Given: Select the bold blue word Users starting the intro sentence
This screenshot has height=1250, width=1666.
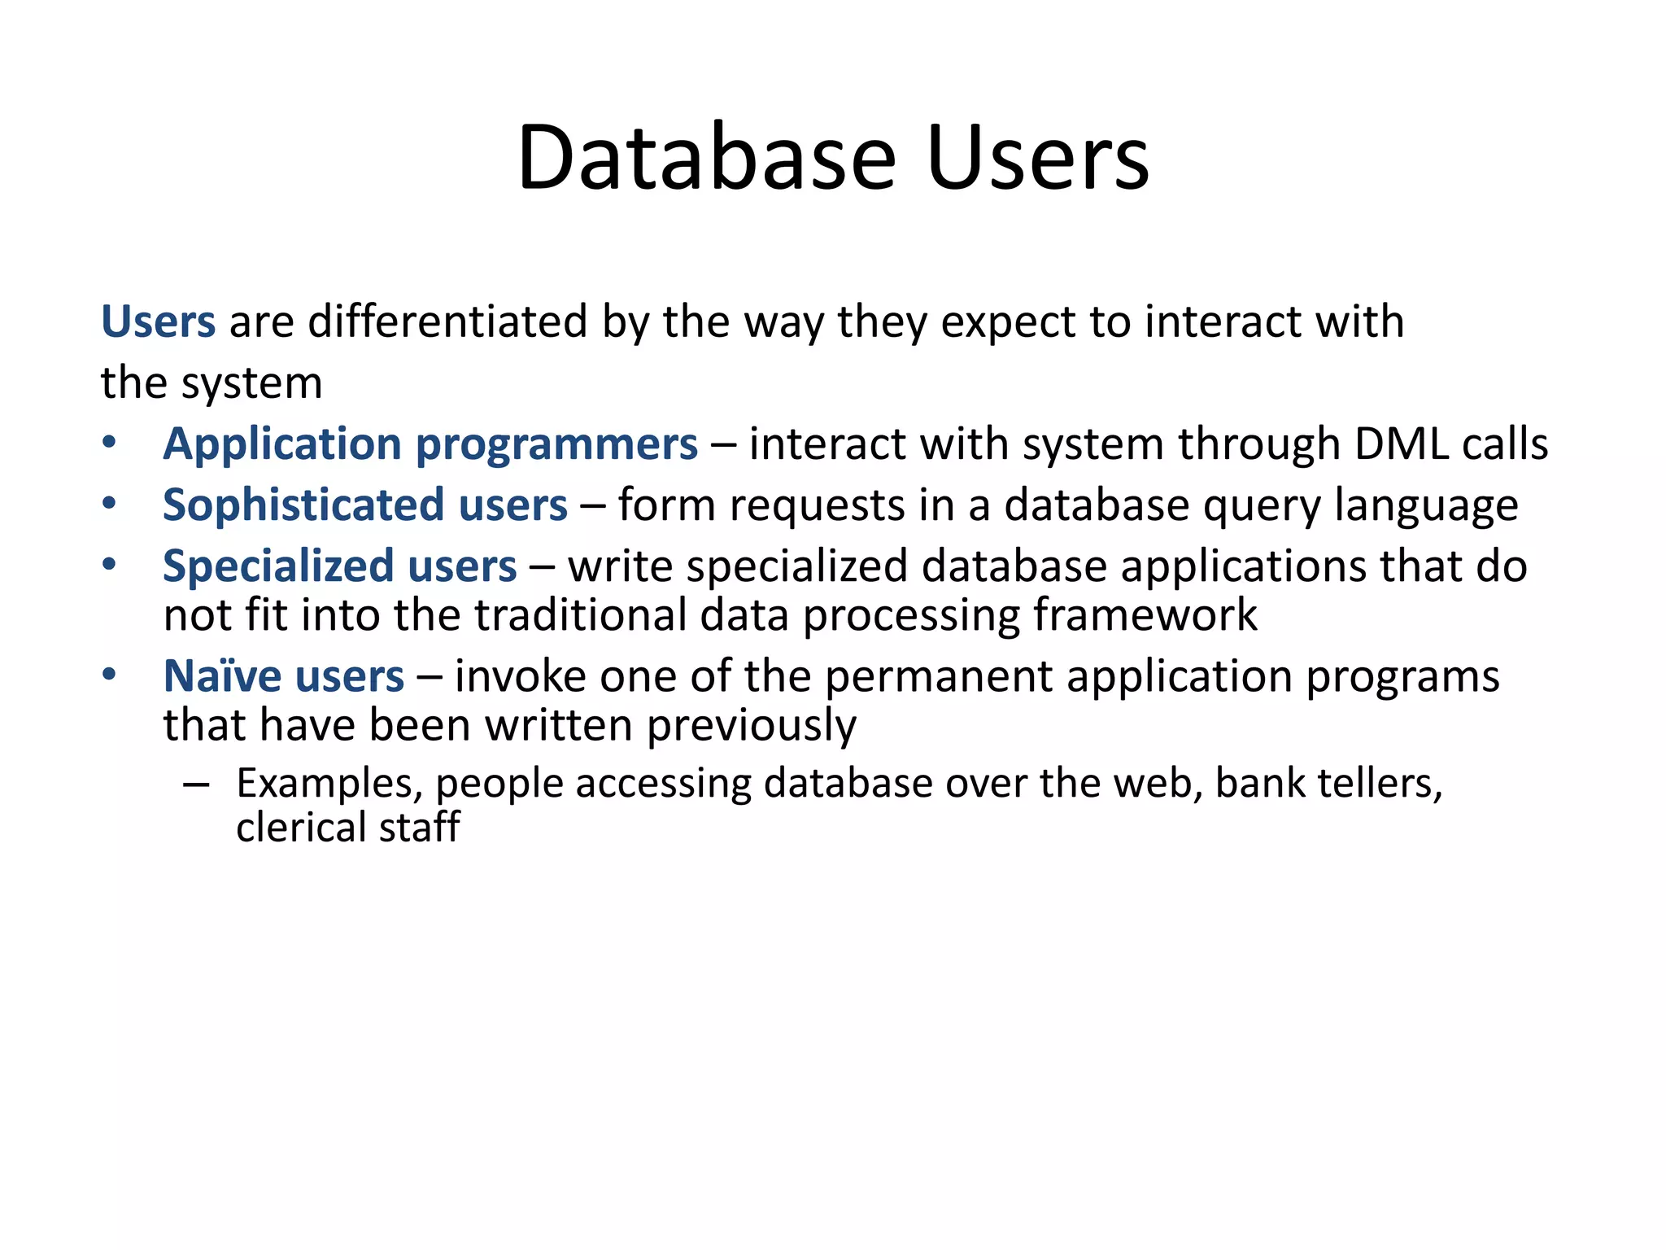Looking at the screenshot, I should [158, 321].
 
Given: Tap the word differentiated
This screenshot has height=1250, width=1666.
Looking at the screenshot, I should [447, 321].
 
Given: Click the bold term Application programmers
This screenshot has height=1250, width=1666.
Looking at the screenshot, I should [430, 444].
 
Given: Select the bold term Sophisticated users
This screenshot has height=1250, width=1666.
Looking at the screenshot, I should [364, 505].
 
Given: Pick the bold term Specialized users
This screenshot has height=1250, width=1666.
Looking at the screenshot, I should [339, 566].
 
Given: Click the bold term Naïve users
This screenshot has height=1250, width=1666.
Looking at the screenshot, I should [283, 676].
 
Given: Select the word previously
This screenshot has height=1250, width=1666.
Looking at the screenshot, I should [751, 726].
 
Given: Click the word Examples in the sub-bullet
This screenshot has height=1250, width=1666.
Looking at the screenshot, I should [329, 784].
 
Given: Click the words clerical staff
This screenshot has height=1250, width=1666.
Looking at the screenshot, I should [347, 828].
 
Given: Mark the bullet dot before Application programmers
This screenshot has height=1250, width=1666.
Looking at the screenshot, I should [109, 444].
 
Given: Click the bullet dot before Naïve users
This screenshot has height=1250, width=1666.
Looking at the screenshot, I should [109, 675].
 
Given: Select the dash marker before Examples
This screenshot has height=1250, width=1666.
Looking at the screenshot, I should [196, 785].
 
